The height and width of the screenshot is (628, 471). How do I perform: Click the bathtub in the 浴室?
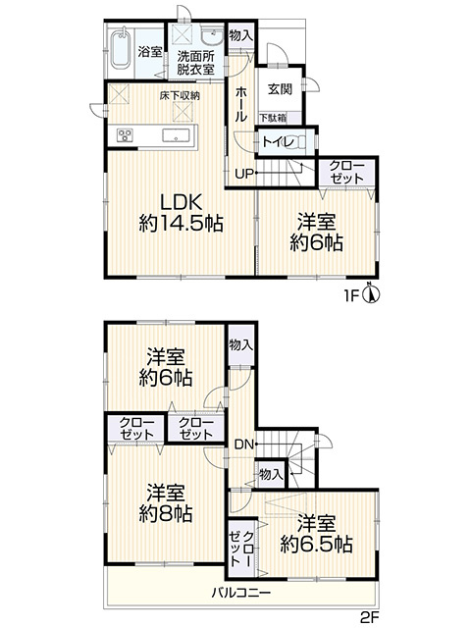120,50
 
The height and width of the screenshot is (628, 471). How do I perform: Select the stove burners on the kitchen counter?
125,135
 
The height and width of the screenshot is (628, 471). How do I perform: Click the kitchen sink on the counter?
176,135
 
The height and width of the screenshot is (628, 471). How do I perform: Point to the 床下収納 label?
180,96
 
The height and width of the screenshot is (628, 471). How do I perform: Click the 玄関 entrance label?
280,89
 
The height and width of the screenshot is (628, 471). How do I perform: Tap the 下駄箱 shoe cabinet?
274,118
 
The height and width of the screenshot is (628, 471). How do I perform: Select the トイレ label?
279,142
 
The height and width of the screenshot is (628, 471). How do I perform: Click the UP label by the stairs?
244,174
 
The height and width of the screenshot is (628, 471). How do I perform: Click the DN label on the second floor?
244,444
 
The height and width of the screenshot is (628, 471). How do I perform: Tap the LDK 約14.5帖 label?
181,213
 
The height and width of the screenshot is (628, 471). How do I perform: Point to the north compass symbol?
371,294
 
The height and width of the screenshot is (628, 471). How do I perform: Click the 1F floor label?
351,296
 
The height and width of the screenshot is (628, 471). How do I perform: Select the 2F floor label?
369,617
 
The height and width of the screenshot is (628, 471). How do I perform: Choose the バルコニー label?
241,592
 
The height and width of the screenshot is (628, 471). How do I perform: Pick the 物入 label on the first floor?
240,35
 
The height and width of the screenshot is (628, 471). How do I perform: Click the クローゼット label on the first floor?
346,173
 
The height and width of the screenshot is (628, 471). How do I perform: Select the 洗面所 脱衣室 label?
196,63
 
